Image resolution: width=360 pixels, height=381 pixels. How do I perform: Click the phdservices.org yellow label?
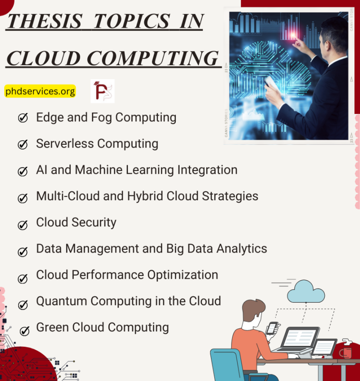pyautogui.click(x=40, y=91)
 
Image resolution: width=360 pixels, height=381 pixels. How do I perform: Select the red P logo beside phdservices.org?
pyautogui.click(x=102, y=91)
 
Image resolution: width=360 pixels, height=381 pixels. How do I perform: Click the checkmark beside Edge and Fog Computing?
pyautogui.click(x=22, y=118)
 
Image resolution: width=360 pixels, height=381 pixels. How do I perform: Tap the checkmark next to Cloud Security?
pyautogui.click(x=22, y=225)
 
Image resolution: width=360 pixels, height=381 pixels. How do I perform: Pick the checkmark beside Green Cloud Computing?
pyautogui.click(x=24, y=330)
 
